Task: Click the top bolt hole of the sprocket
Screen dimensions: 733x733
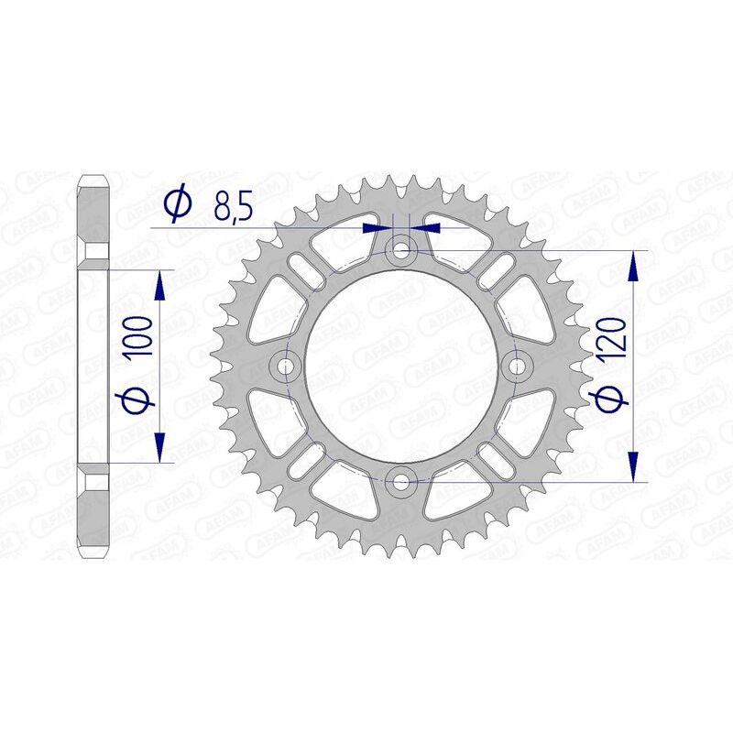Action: [401, 247]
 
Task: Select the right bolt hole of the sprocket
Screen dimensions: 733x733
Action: [519, 366]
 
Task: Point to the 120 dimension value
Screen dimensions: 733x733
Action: [614, 339]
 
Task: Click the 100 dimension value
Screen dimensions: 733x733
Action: [141, 339]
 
